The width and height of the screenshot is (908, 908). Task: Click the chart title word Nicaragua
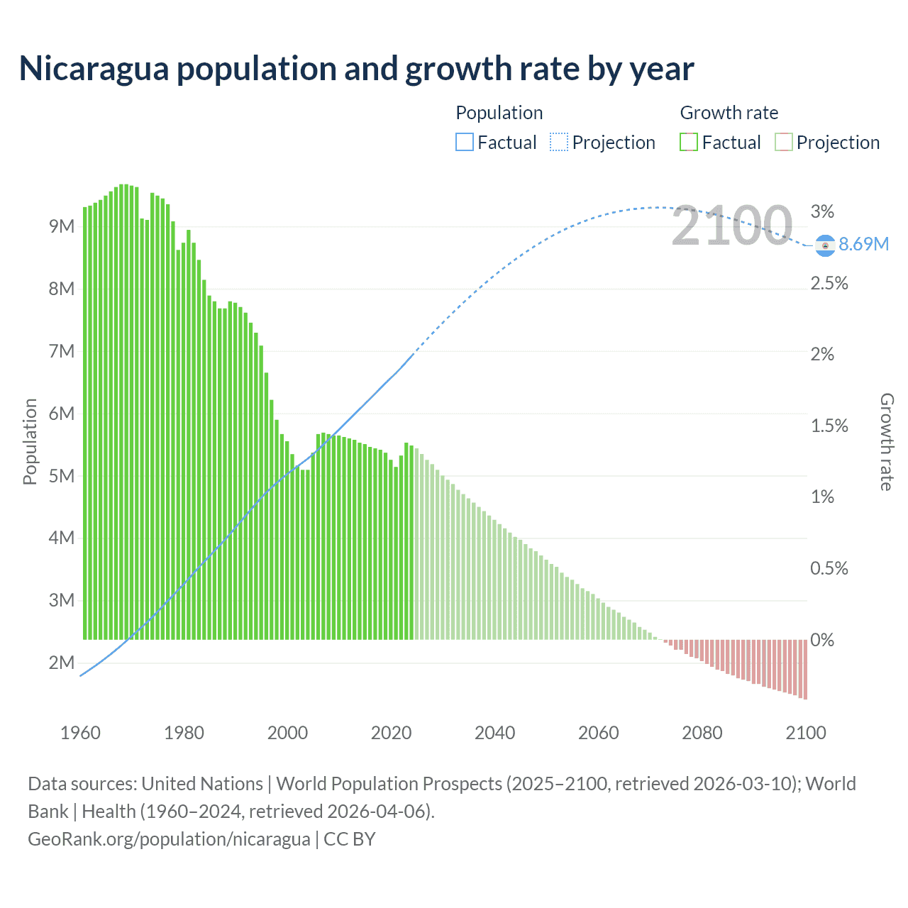(94, 69)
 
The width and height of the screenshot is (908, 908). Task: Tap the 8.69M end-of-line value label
(863, 244)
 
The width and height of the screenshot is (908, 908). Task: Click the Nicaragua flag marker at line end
(824, 245)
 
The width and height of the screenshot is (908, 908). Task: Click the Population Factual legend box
(464, 143)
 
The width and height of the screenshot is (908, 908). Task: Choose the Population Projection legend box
(558, 143)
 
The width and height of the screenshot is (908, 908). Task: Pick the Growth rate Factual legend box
(688, 143)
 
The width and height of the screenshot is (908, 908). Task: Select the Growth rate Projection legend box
(783, 143)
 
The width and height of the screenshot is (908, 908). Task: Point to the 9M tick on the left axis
(62, 227)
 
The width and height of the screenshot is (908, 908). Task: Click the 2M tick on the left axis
(62, 663)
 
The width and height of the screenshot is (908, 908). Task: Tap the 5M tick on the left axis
(62, 476)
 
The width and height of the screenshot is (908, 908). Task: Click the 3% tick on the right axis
(822, 211)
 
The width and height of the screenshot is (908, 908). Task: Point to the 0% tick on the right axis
(822, 640)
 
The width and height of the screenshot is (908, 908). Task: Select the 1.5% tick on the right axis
(829, 426)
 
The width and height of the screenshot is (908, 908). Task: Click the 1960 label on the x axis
(80, 733)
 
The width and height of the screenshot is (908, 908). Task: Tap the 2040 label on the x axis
(494, 733)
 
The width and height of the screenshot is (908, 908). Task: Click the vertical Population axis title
(30, 441)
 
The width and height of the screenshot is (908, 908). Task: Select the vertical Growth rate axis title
(887, 441)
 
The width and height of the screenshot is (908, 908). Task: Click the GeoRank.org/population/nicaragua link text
(169, 839)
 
